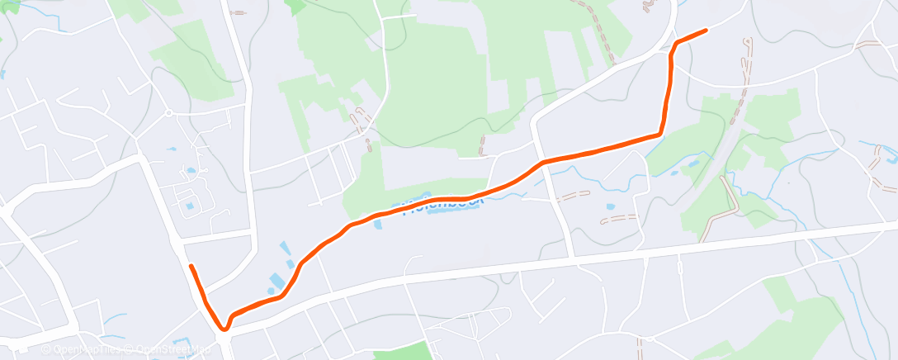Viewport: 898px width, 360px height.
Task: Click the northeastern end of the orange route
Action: [x=706, y=31]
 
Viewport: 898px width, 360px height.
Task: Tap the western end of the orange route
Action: [x=191, y=266]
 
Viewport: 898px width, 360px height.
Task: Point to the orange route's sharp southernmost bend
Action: [x=224, y=328]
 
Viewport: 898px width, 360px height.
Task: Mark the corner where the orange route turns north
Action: [x=659, y=133]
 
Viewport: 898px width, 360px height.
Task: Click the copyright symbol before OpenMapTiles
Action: [x=46, y=349]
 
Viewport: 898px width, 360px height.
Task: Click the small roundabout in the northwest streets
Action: [x=168, y=113]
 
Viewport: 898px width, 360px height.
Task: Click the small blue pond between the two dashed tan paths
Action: [x=609, y=207]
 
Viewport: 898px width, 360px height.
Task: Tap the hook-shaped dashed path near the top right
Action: [x=748, y=58]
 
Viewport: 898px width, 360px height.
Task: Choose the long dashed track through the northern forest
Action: [x=598, y=33]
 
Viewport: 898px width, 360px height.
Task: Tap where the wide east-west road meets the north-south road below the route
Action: [x=572, y=258]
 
